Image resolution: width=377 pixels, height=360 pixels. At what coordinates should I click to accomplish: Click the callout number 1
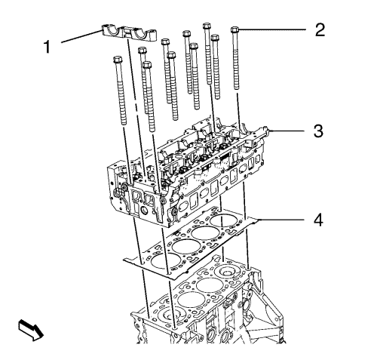click(x=48, y=47)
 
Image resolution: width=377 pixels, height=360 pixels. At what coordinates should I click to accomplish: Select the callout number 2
click(x=320, y=30)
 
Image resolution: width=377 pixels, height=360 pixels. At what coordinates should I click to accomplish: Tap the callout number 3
click(x=318, y=131)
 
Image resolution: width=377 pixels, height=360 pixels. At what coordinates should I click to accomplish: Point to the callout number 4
click(x=318, y=220)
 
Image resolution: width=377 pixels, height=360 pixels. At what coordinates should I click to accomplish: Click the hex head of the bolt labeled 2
click(x=234, y=30)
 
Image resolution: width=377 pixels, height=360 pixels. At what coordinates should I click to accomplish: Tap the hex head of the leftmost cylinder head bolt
click(x=118, y=60)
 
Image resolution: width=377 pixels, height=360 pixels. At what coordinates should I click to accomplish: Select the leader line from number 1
click(x=81, y=36)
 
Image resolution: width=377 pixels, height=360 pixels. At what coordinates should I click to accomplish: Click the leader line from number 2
click(x=272, y=29)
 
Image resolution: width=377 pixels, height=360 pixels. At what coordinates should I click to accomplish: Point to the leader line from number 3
click(x=287, y=131)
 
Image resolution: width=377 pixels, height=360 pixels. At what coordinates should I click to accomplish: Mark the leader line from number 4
click(x=282, y=220)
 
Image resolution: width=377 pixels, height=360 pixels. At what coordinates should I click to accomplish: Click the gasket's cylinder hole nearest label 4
click(x=222, y=220)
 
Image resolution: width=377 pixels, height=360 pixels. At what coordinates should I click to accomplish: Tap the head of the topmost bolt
click(x=207, y=26)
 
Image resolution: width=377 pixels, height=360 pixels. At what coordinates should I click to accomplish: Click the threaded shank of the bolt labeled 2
click(x=236, y=61)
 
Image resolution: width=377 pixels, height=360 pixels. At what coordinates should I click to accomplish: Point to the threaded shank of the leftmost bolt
click(x=121, y=94)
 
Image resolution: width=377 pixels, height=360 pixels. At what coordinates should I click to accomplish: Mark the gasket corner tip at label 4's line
click(x=259, y=220)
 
